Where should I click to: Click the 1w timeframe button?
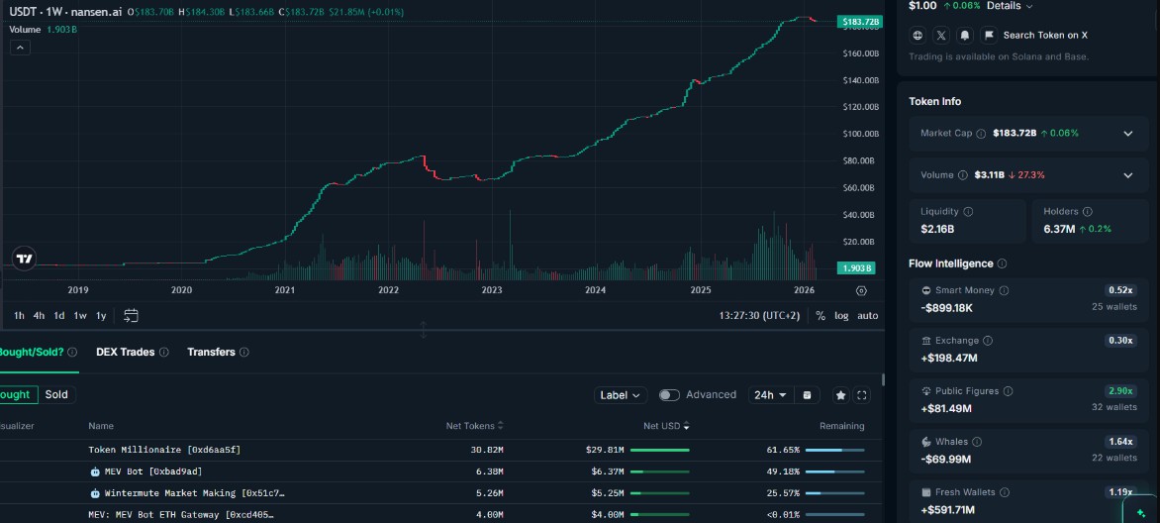(x=80, y=315)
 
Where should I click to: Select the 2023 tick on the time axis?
(x=492, y=290)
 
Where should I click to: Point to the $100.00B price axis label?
(x=860, y=134)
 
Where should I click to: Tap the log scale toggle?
(x=841, y=315)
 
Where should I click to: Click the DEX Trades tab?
(x=125, y=352)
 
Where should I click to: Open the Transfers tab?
(x=211, y=352)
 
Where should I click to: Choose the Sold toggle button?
(x=56, y=394)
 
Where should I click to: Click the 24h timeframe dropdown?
(x=770, y=394)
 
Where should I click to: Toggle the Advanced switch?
(x=670, y=394)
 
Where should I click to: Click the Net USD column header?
(x=663, y=426)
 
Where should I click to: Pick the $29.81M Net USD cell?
(x=605, y=450)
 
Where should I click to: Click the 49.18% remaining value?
(x=783, y=471)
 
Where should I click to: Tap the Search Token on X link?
(x=1044, y=35)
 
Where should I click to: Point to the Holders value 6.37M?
(x=1058, y=229)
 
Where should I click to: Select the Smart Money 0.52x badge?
(x=1120, y=290)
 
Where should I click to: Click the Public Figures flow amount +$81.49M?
(x=947, y=407)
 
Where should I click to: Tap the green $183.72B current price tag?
(x=858, y=21)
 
